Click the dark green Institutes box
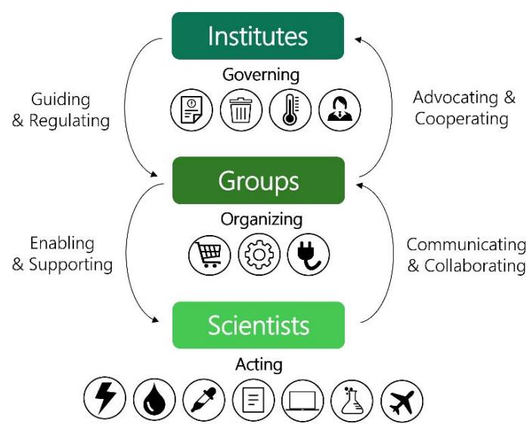pos(258,36)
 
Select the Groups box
pos(258,181)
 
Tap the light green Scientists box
pos(258,325)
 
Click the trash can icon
pos(241,110)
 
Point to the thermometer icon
pos(290,110)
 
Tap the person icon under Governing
pos(339,110)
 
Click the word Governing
pos(261,76)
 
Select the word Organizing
pos(261,219)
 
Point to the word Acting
pos(259,364)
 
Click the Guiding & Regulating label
pos(60,110)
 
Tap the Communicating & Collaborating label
pos(466,255)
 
